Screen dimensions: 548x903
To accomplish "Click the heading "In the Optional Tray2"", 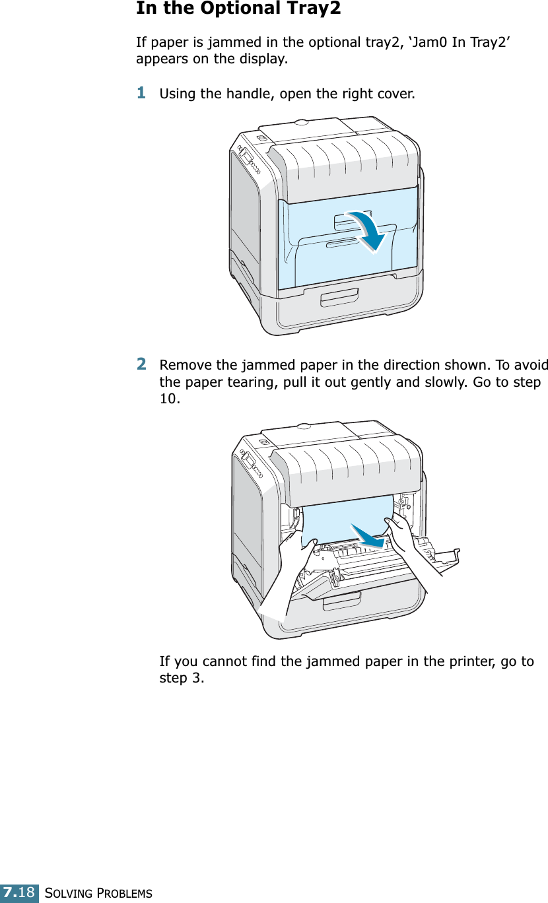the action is click(x=238, y=9).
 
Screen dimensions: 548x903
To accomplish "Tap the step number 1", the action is click(x=141, y=93).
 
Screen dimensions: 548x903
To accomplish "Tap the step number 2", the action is click(x=141, y=364).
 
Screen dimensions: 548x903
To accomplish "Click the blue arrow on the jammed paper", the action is click(x=367, y=535).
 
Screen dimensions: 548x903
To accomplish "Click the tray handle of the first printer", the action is click(x=339, y=297).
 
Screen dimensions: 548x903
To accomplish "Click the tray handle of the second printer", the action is click(x=341, y=601).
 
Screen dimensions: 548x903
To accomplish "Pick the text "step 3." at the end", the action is click(x=182, y=679).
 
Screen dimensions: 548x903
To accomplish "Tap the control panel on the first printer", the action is click(x=248, y=160).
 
